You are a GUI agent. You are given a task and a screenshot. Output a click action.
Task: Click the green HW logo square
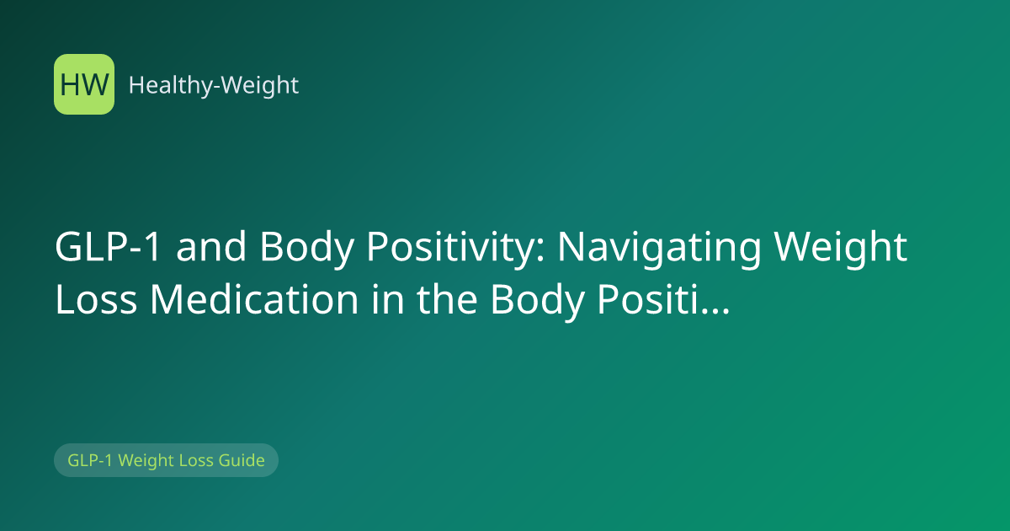84,84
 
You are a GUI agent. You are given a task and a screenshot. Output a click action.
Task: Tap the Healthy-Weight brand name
213,85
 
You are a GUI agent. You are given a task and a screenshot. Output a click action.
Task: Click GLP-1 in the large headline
108,246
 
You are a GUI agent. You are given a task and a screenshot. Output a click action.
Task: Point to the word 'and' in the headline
210,246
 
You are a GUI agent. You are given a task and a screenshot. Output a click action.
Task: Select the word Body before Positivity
306,249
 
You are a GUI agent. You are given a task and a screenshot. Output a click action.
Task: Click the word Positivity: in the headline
456,249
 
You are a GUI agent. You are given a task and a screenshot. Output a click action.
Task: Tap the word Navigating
659,249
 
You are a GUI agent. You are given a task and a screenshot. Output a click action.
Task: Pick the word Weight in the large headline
841,249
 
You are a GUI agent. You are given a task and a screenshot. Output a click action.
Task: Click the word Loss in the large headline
96,299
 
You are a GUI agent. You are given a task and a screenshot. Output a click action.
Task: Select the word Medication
254,298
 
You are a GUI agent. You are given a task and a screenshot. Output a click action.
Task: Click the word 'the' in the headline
447,298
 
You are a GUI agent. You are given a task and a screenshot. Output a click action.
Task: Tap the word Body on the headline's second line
538,302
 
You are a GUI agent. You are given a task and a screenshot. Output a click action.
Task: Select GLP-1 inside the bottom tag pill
90,460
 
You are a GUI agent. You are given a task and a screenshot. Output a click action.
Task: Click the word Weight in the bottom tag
146,461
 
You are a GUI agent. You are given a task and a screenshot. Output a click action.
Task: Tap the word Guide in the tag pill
242,460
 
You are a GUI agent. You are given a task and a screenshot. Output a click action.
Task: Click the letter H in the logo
70,85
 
